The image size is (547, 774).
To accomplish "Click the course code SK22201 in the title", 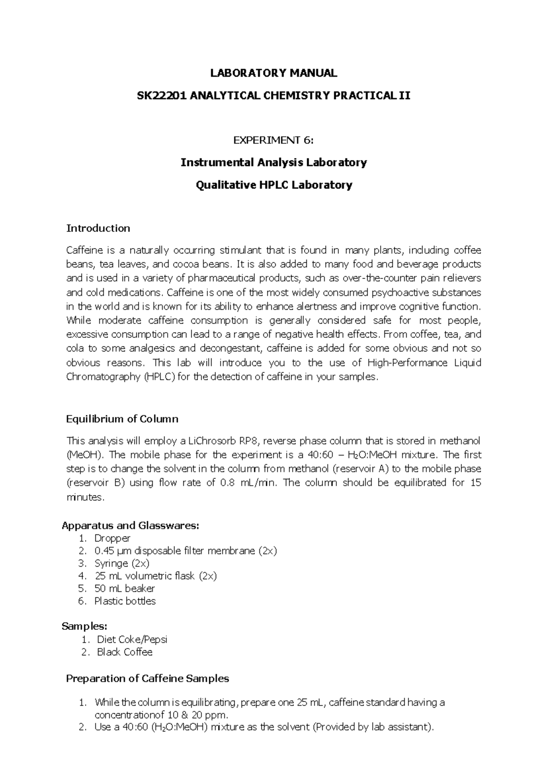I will (x=162, y=95).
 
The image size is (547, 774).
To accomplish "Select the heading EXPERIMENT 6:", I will (x=273, y=140).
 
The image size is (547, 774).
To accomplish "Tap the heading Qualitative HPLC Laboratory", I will (x=273, y=185).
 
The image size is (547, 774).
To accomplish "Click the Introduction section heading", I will (x=98, y=228).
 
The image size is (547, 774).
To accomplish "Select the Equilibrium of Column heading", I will (x=122, y=419).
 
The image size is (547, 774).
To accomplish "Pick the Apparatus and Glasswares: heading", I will (x=130, y=525).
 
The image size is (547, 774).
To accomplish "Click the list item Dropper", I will (x=112, y=538).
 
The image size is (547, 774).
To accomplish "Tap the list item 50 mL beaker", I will (x=124, y=588).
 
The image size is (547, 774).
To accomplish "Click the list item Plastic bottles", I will (x=125, y=601).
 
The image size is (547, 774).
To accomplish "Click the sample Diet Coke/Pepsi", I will (x=132, y=639).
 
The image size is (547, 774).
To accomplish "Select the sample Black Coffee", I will (x=124, y=652).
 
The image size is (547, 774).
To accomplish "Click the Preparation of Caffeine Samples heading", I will (x=147, y=679).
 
